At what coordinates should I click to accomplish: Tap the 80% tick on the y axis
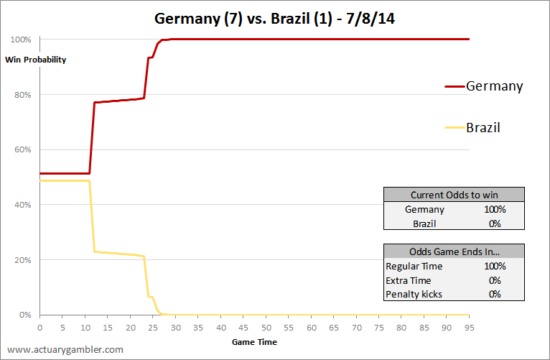(x=22, y=95)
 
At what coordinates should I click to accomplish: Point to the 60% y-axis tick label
(x=22, y=150)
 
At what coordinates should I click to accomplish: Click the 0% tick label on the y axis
(x=25, y=315)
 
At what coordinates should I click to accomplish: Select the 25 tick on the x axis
(x=153, y=328)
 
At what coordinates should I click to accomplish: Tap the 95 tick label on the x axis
(x=470, y=328)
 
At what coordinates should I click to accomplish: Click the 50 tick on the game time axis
(x=266, y=328)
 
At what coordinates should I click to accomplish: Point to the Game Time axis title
(x=254, y=342)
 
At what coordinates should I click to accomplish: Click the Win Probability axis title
(x=35, y=60)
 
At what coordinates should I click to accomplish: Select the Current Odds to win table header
(x=455, y=195)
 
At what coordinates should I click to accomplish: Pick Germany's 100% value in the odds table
(x=495, y=210)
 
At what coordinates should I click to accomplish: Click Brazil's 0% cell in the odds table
(x=495, y=224)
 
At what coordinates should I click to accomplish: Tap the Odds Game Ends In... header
(x=455, y=251)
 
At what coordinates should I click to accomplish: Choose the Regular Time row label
(x=414, y=267)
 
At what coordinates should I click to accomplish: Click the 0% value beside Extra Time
(x=495, y=281)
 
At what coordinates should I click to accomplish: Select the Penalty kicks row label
(x=414, y=295)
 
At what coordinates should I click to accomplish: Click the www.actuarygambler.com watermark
(x=65, y=350)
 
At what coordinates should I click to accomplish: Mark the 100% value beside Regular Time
(x=495, y=267)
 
